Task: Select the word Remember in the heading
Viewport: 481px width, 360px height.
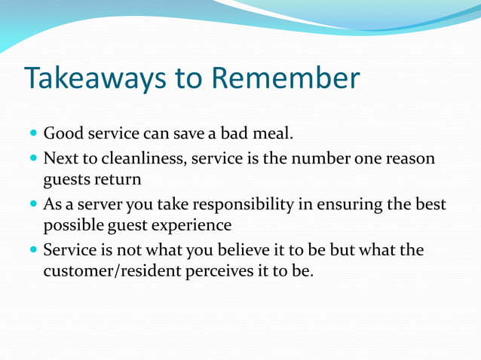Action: (x=285, y=78)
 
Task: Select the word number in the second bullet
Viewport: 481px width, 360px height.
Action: (x=324, y=160)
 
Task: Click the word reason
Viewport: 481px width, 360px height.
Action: (x=410, y=160)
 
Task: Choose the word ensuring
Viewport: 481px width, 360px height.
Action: (x=357, y=205)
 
